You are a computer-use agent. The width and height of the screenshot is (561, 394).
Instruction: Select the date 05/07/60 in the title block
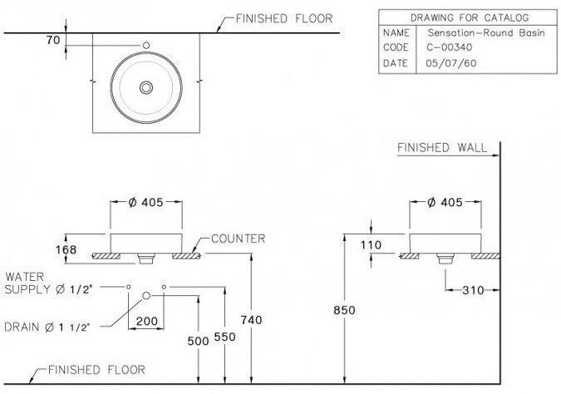[447, 63]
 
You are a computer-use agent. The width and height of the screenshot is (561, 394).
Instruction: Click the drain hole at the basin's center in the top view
[146, 86]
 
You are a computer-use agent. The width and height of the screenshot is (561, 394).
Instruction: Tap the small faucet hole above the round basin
[146, 45]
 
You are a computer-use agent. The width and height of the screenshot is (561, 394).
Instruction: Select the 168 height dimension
[66, 249]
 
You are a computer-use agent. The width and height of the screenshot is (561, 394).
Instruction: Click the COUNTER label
[238, 239]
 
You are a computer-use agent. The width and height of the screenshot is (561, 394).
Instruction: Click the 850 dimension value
[344, 310]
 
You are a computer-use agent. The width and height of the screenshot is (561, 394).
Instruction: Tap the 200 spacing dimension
[146, 320]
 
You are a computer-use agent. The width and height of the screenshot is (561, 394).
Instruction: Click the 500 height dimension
[197, 340]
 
